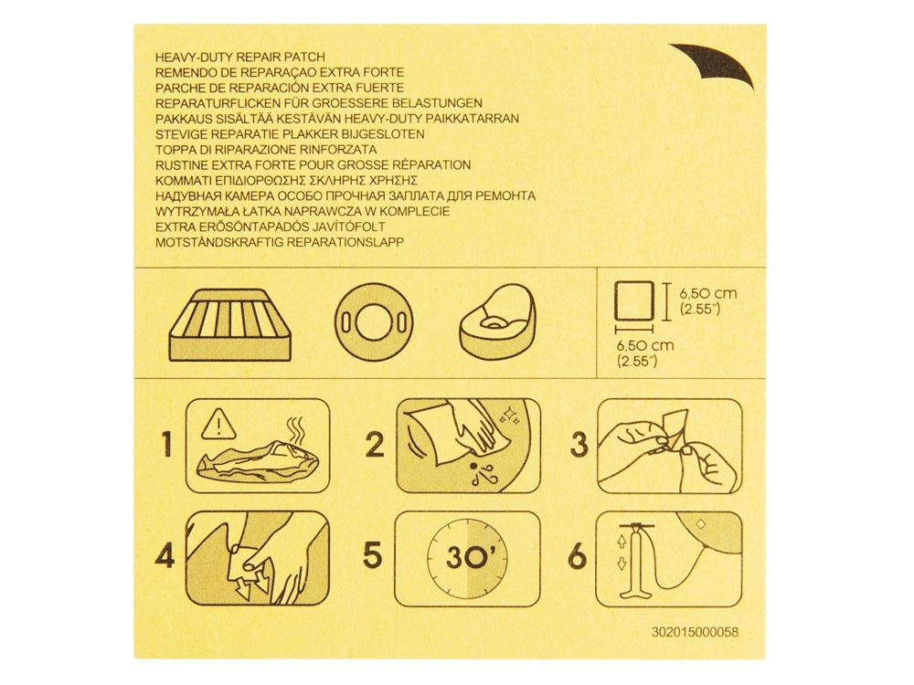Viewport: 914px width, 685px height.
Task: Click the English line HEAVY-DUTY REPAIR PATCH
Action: coord(240,57)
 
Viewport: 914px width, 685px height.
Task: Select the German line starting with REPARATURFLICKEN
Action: coord(319,103)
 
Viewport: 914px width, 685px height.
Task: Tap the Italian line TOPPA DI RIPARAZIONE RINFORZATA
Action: coord(266,149)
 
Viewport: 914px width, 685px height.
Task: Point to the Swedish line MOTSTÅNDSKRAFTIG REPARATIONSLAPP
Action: coord(280,242)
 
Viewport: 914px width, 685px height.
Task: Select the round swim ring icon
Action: coord(374,321)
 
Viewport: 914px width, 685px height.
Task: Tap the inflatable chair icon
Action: coord(497,322)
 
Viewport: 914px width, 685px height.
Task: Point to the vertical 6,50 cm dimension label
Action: coord(708,300)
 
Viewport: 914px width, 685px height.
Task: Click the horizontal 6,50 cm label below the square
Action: coord(645,353)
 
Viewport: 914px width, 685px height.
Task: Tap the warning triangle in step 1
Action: coord(218,424)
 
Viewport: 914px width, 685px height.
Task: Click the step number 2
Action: coord(375,445)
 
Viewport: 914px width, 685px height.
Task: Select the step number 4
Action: coord(165,555)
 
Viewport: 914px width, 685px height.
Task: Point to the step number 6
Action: coord(577,555)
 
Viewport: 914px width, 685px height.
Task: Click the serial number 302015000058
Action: coord(695,632)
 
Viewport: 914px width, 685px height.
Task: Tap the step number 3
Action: coord(579,445)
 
